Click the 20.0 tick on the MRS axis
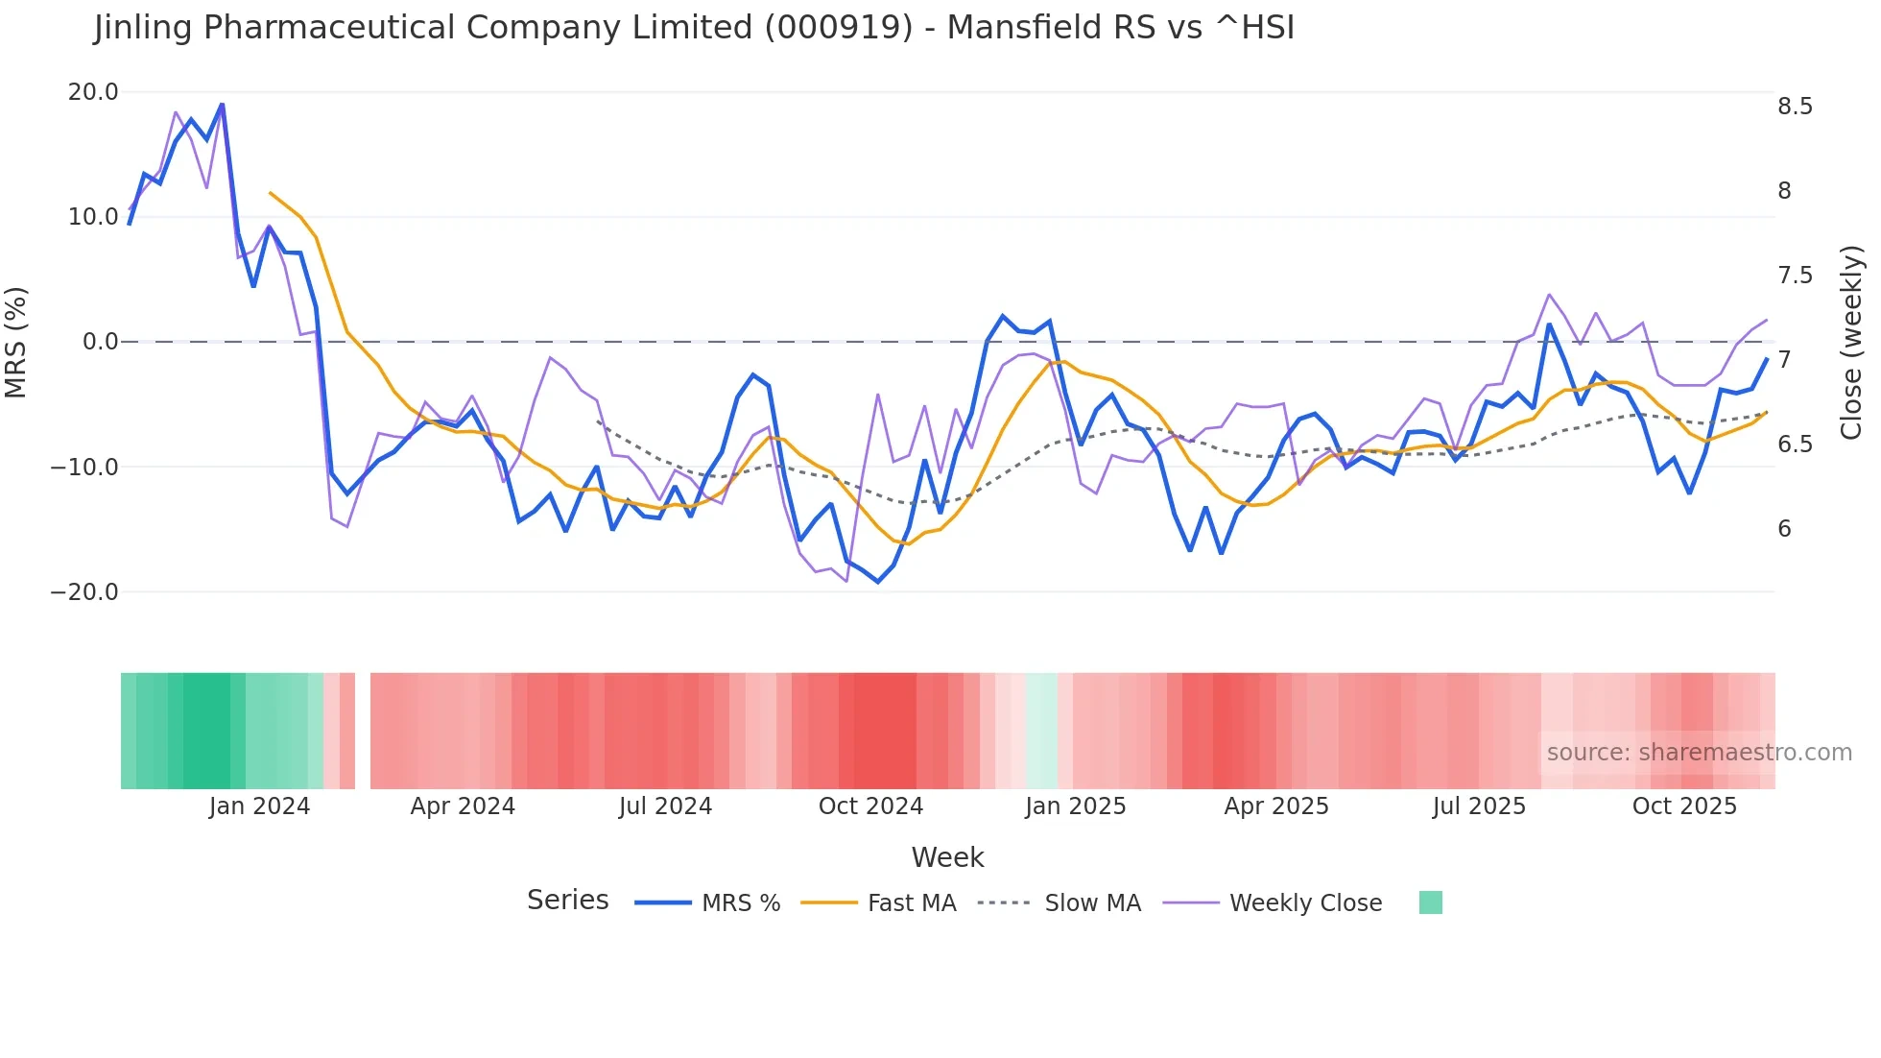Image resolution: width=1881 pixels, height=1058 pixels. coord(92,92)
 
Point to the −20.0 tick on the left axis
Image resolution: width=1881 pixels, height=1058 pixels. coord(84,592)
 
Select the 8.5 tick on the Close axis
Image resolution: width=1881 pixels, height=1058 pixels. coord(1795,107)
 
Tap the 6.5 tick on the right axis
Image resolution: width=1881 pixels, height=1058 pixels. coord(1795,445)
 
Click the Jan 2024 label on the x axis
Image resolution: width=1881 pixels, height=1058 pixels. coord(259,806)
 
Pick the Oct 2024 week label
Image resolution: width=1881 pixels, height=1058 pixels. coord(870,806)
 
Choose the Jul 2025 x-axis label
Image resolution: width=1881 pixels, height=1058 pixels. coord(1479,806)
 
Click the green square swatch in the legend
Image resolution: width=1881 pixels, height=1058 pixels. coord(1430,902)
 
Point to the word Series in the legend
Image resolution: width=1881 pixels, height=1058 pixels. coord(567,901)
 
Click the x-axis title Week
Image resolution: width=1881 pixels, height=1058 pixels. coord(947,857)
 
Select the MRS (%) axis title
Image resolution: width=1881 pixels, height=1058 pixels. coord(16,342)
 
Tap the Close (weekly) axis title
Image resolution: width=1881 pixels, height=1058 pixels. coord(1851,342)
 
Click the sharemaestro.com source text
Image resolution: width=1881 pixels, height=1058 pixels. coord(1699,753)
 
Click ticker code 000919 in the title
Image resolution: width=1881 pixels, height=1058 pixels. coord(838,28)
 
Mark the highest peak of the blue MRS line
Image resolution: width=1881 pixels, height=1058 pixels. coord(222,105)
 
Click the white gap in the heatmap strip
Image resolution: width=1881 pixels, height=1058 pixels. coord(363,731)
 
